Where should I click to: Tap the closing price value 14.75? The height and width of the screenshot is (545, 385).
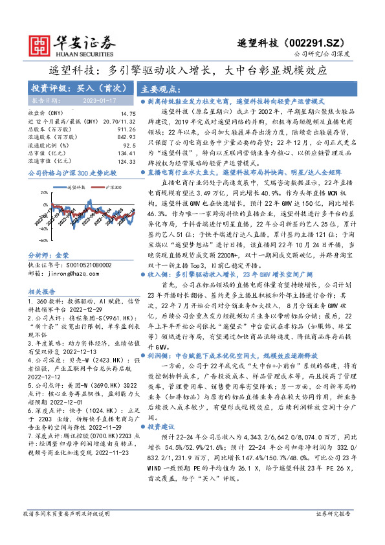coord(128,114)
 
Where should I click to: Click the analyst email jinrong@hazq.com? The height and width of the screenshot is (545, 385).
coord(65,273)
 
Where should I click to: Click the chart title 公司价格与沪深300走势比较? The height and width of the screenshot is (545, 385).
coord(72,174)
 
